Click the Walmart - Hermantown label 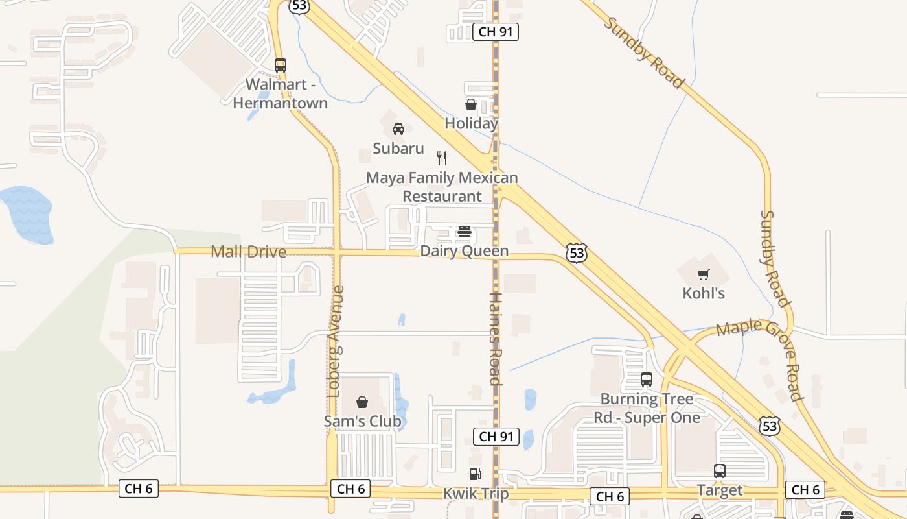[x=280, y=94]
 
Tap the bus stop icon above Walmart [x=281, y=65]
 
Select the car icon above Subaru [x=398, y=129]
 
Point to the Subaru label [x=398, y=149]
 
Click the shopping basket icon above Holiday [x=471, y=104]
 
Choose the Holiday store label [x=471, y=123]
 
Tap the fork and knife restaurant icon [x=442, y=158]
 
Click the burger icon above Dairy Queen [x=464, y=232]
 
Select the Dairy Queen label [x=464, y=251]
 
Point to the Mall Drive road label [x=249, y=252]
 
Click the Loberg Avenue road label [x=334, y=342]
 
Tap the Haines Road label [x=496, y=339]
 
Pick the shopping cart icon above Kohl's [x=704, y=274]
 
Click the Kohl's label [x=704, y=293]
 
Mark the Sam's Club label [x=362, y=421]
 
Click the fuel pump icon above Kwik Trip [x=476, y=474]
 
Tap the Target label [x=719, y=490]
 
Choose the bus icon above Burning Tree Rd [x=646, y=380]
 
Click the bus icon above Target [x=719, y=471]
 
